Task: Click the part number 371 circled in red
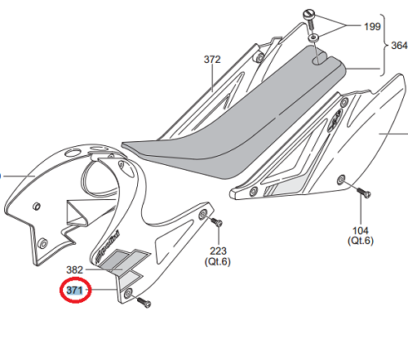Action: point(74,291)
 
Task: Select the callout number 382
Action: point(74,269)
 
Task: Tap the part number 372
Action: point(212,60)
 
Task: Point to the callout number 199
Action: point(372,26)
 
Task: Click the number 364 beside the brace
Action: point(399,45)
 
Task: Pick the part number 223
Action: point(218,251)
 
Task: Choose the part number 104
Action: point(361,230)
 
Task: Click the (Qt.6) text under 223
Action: point(218,261)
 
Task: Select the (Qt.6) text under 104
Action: point(361,241)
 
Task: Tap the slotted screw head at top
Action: point(309,14)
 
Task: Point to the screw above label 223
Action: point(217,222)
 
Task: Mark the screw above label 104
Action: point(362,192)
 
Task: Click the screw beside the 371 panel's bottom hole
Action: point(144,302)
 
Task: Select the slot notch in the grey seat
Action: point(320,60)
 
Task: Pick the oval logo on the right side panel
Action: point(335,121)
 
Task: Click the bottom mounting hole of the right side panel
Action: point(341,180)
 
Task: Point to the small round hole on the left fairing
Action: point(36,206)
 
